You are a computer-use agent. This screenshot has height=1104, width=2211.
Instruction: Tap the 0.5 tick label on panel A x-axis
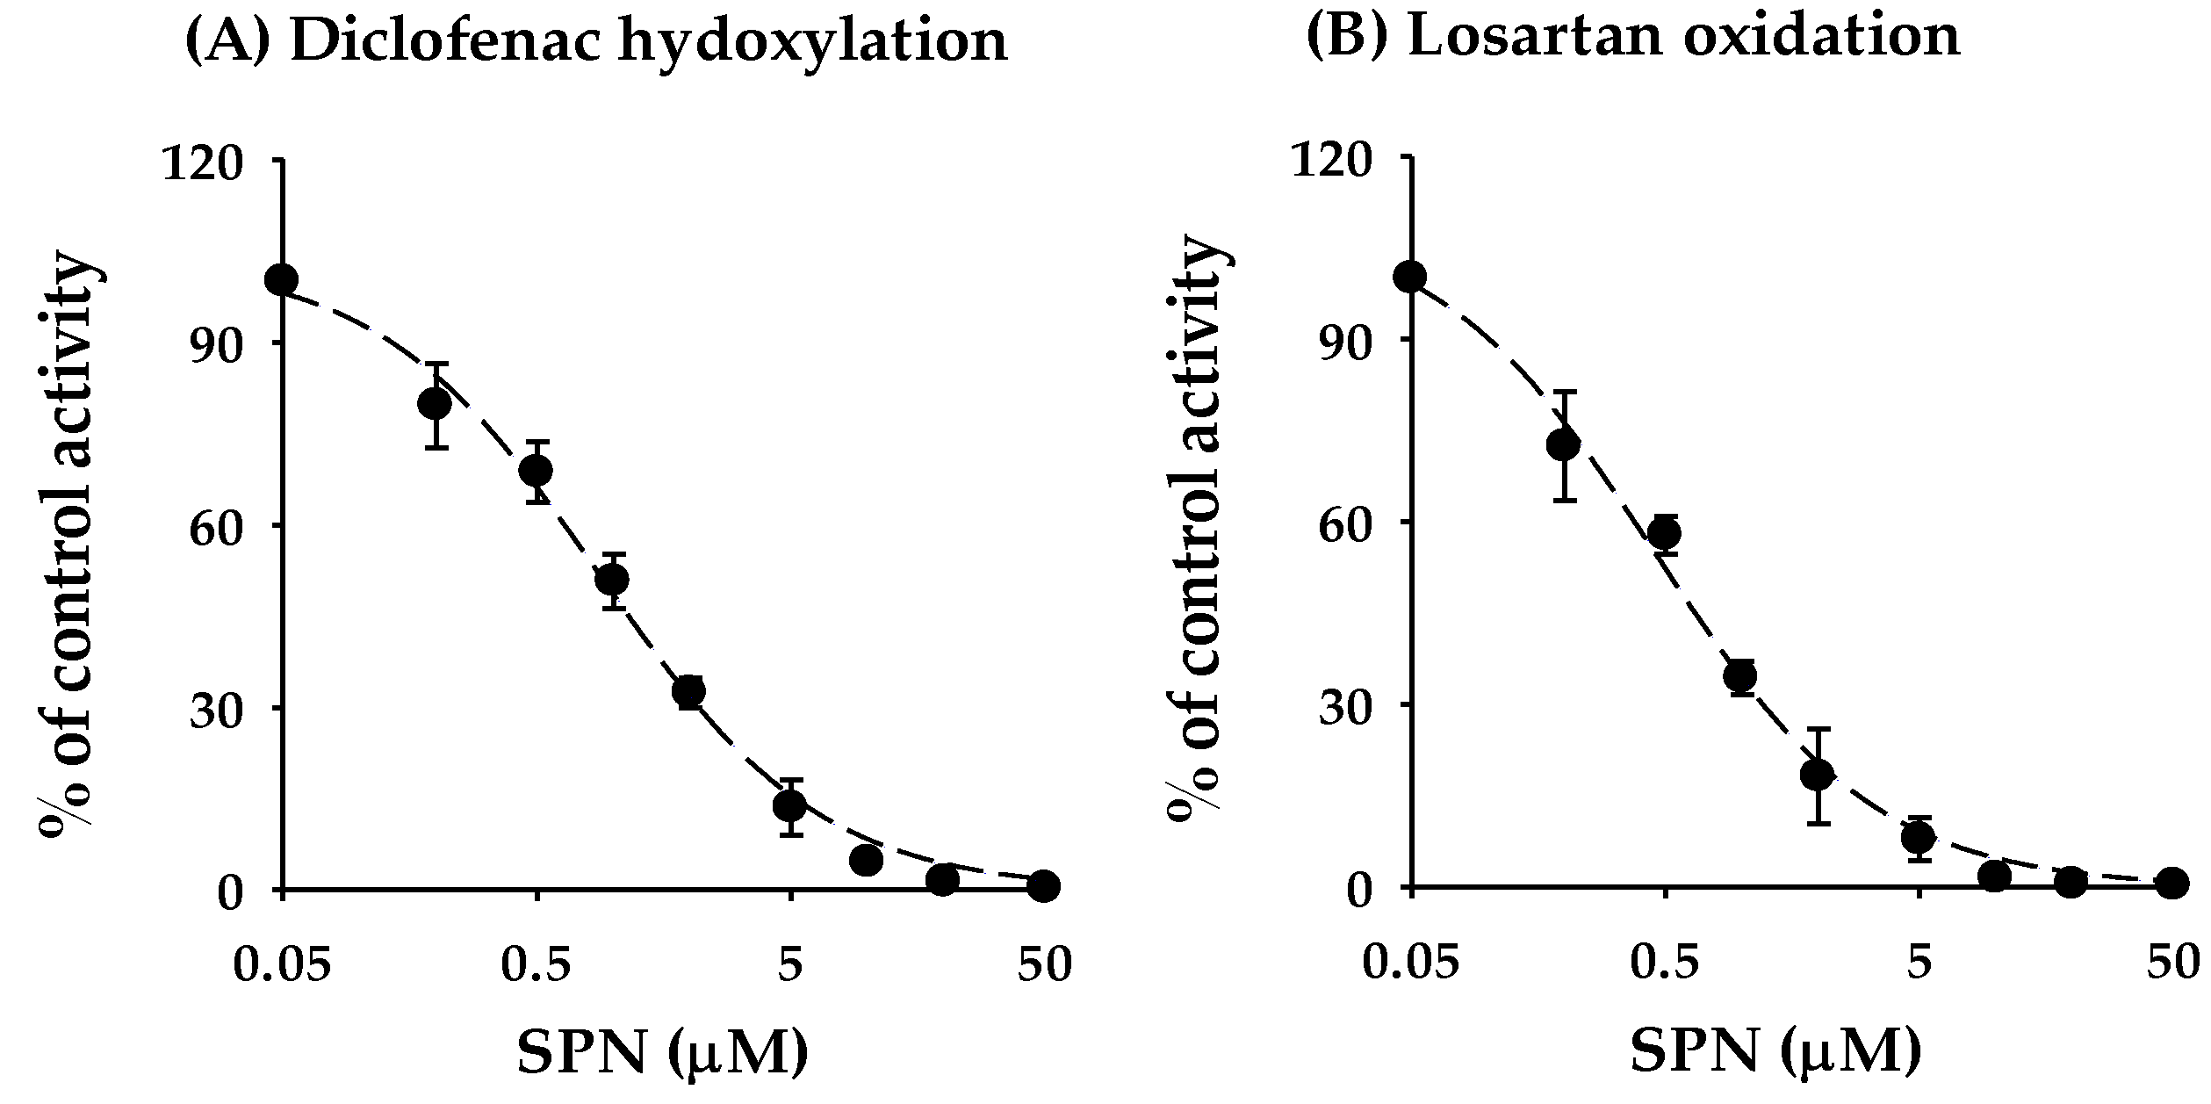(537, 966)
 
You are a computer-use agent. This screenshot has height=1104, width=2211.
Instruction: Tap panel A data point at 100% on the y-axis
(282, 279)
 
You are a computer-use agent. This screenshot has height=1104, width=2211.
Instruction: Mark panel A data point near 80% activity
(436, 403)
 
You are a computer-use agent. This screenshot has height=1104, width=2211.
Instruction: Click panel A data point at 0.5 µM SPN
(536, 471)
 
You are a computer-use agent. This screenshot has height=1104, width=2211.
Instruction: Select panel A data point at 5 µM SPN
(790, 805)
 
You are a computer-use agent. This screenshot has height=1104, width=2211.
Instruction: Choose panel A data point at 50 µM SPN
(1043, 886)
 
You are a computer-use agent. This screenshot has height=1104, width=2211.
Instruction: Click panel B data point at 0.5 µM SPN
(1665, 533)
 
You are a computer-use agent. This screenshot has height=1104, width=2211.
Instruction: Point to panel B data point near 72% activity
(1563, 445)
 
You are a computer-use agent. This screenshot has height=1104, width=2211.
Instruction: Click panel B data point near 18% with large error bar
(1817, 774)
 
